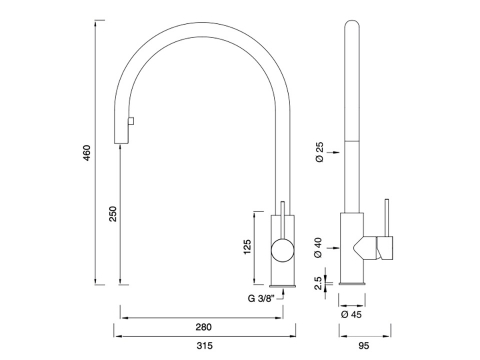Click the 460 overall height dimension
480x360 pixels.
pyautogui.click(x=87, y=153)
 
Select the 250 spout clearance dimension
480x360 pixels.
pyautogui.click(x=113, y=214)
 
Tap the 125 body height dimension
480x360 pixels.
pyautogui.click(x=247, y=247)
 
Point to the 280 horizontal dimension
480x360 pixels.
pyautogui.click(x=203, y=327)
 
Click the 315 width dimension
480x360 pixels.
pyautogui.click(x=204, y=346)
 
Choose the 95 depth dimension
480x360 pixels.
pyautogui.click(x=364, y=346)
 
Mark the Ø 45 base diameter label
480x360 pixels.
pyautogui.click(x=351, y=314)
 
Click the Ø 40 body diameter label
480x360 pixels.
pyautogui.click(x=318, y=247)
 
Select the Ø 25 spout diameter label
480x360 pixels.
pyautogui.click(x=319, y=152)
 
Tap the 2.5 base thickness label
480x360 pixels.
pyautogui.click(x=318, y=283)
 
